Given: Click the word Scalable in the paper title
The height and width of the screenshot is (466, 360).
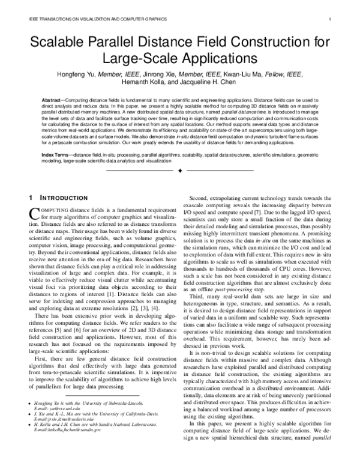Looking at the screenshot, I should click(59, 42).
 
